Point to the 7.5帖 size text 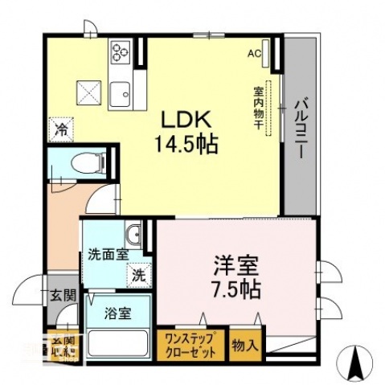click(236, 287)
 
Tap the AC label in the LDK click(254, 54)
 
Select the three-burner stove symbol click(121, 51)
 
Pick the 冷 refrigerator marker click(62, 127)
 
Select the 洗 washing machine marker click(139, 274)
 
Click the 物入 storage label click(245, 346)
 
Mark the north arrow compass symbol click(354, 363)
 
